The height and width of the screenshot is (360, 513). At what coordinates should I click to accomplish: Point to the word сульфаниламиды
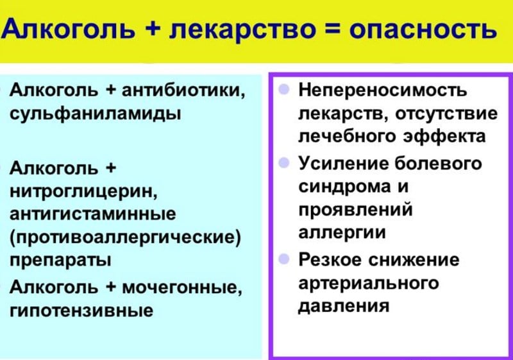tap(95, 114)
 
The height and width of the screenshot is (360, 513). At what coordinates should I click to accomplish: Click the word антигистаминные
tap(92, 214)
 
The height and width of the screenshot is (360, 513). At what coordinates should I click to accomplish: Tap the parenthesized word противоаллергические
tap(126, 237)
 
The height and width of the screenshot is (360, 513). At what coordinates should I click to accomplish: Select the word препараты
tap(60, 260)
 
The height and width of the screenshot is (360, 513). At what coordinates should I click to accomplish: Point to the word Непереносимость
tap(383, 90)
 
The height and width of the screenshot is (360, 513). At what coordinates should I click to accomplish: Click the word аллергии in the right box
tap(342, 232)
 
